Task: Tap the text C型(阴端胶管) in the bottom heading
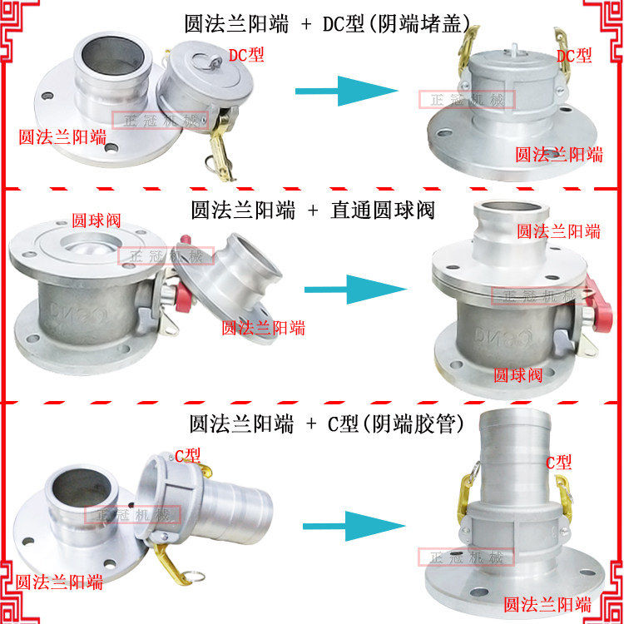pos(395,424)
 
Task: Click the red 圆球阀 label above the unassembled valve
pos(96,221)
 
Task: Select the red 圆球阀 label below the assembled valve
pos(518,375)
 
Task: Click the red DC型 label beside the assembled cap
pos(574,56)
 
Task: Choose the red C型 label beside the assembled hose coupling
pos(558,463)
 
